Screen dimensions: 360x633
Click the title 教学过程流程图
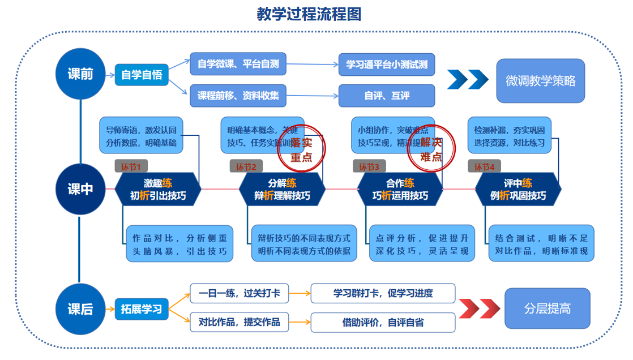click(309, 14)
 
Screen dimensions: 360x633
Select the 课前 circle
click(80, 74)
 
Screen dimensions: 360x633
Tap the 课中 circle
click(80, 189)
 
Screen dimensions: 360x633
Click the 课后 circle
click(80, 309)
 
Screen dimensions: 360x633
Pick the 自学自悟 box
click(142, 75)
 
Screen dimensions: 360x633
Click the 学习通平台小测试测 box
click(387, 65)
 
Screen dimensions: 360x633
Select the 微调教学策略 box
click(540, 81)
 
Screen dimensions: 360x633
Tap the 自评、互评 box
click(387, 96)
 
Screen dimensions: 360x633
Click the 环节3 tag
click(369, 166)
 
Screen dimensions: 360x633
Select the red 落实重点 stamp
click(301, 149)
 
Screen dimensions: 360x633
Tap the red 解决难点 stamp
click(431, 149)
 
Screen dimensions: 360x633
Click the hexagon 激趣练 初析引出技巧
click(158, 190)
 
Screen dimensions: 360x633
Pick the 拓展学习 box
click(142, 309)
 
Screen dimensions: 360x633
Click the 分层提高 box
click(547, 308)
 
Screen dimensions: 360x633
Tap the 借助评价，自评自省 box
click(383, 323)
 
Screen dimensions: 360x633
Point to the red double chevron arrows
click(479, 308)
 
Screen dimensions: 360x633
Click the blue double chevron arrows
click(467, 80)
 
